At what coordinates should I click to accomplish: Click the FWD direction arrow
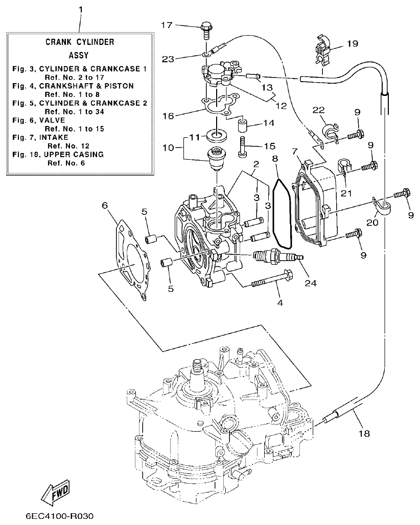(55, 492)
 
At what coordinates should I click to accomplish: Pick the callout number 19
(353, 44)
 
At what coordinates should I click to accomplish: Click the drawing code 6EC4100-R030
(59, 516)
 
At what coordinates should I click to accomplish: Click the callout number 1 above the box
(80, 9)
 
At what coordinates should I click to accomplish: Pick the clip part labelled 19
(322, 49)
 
